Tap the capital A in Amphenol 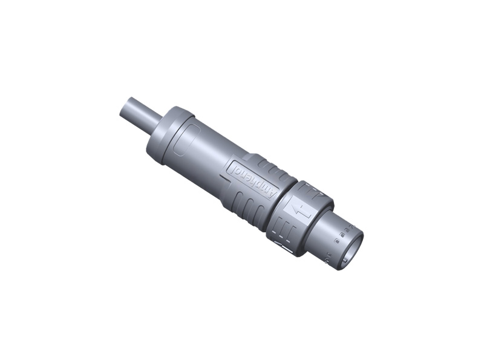tap(272, 195)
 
